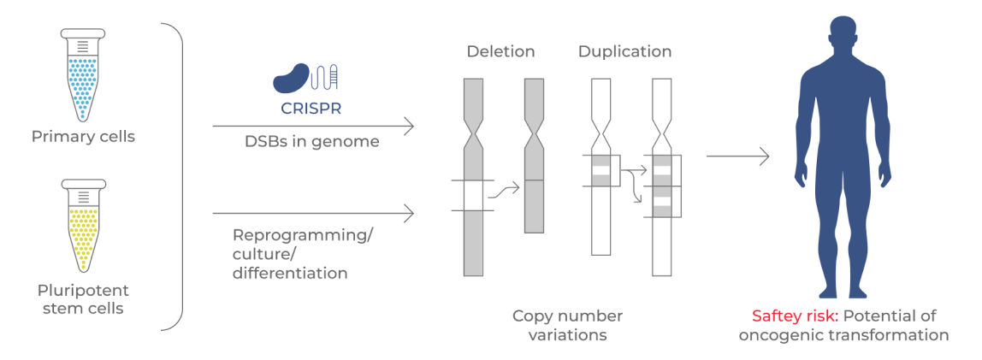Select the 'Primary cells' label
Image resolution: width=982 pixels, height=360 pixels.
pos(83,137)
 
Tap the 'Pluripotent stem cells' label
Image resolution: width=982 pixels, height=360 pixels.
pos(83,298)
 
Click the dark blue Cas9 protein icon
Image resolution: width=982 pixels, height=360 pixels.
pos(291,79)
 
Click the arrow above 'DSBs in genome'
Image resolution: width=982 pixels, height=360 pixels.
pos(313,127)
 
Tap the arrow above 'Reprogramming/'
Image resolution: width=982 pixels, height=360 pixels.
pos(313,211)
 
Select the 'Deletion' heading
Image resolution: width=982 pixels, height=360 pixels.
pos(500,51)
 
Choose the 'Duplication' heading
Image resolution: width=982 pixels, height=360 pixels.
pos(624,51)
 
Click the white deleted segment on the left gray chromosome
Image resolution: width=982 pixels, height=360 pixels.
pos(473,196)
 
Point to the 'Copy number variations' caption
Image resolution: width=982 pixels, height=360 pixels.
pos(567,325)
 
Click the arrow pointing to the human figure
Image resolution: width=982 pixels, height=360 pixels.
pos(736,156)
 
